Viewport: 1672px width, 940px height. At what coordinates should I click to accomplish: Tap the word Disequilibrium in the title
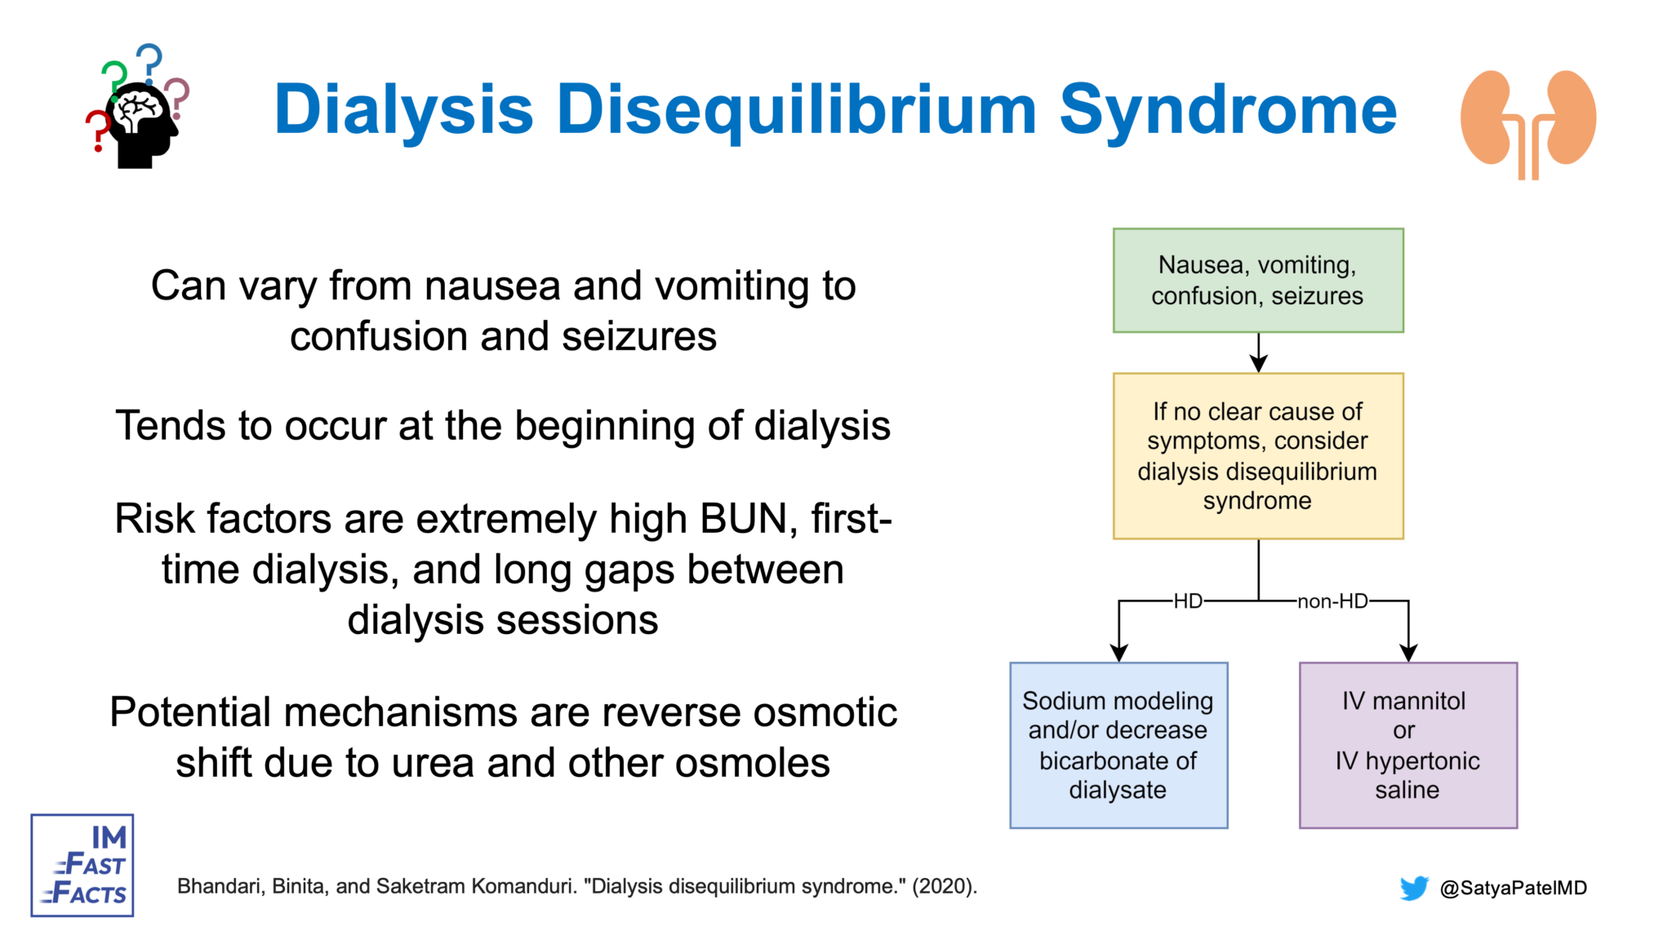796,110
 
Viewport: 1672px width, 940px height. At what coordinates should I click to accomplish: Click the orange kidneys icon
1527,122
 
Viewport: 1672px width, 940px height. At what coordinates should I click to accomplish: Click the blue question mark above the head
149,60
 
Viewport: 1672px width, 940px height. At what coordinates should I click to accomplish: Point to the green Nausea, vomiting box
1257,280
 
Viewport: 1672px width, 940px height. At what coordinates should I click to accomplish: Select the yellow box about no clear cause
1257,455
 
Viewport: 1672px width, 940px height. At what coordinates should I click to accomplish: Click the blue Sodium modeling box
1118,744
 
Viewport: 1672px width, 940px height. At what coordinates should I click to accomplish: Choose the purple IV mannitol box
1407,744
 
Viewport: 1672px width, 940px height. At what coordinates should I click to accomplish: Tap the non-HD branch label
1332,601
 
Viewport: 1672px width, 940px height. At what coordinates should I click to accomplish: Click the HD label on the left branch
1188,601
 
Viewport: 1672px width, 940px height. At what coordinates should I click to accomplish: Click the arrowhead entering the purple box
1408,652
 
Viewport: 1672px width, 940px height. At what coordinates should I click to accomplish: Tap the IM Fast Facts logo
82,865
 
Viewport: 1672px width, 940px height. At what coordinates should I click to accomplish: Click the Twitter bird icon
1413,888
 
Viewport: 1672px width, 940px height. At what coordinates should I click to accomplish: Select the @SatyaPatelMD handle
1513,888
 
